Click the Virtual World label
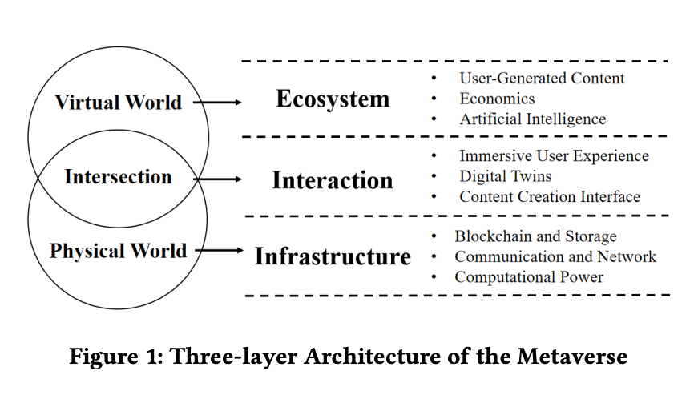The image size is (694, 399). (118, 103)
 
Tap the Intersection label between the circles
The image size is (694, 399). (118, 177)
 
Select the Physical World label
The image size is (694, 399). (118, 251)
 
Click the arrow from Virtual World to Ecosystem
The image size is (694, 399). (217, 103)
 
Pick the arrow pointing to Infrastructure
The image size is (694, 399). (219, 251)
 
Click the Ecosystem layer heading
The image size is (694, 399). (333, 99)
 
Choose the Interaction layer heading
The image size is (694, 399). (333, 180)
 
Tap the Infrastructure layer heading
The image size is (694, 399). (333, 257)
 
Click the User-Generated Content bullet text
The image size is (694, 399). (542, 79)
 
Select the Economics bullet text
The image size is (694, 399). (497, 99)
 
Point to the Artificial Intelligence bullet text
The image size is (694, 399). (532, 119)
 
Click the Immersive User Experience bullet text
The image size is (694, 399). (554, 156)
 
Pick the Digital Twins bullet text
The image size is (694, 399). (505, 176)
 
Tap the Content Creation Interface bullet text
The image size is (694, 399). (550, 196)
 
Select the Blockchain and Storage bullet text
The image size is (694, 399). (535, 236)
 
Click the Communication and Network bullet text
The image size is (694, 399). (555, 256)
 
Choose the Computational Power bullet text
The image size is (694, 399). (529, 277)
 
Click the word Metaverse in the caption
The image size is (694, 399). (575, 356)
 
